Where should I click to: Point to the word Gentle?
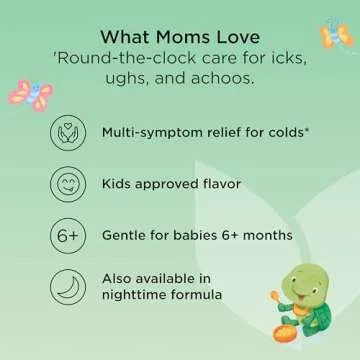tap(125, 236)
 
